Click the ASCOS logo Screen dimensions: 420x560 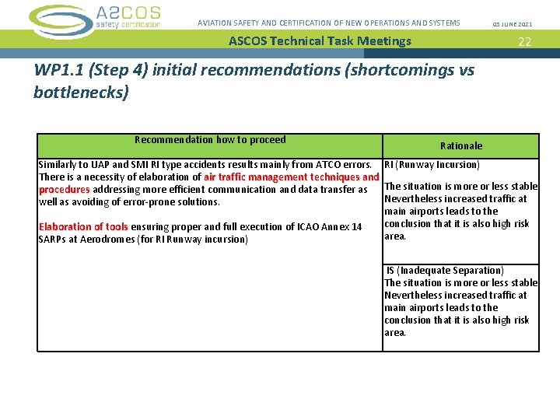pyautogui.click(x=95, y=19)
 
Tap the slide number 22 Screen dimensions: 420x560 pyautogui.click(x=525, y=42)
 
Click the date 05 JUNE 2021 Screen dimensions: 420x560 pyautogui.click(x=513, y=24)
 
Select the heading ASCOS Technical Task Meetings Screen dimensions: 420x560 pyautogui.click(x=320, y=41)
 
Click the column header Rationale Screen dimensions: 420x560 pyautogui.click(x=461, y=145)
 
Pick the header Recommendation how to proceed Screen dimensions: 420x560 pyautogui.click(x=210, y=140)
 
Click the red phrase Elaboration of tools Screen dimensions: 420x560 pyautogui.click(x=83, y=227)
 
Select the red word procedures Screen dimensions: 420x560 pyautogui.click(x=65, y=190)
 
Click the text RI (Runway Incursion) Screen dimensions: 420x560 pyautogui.click(x=432, y=165)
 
